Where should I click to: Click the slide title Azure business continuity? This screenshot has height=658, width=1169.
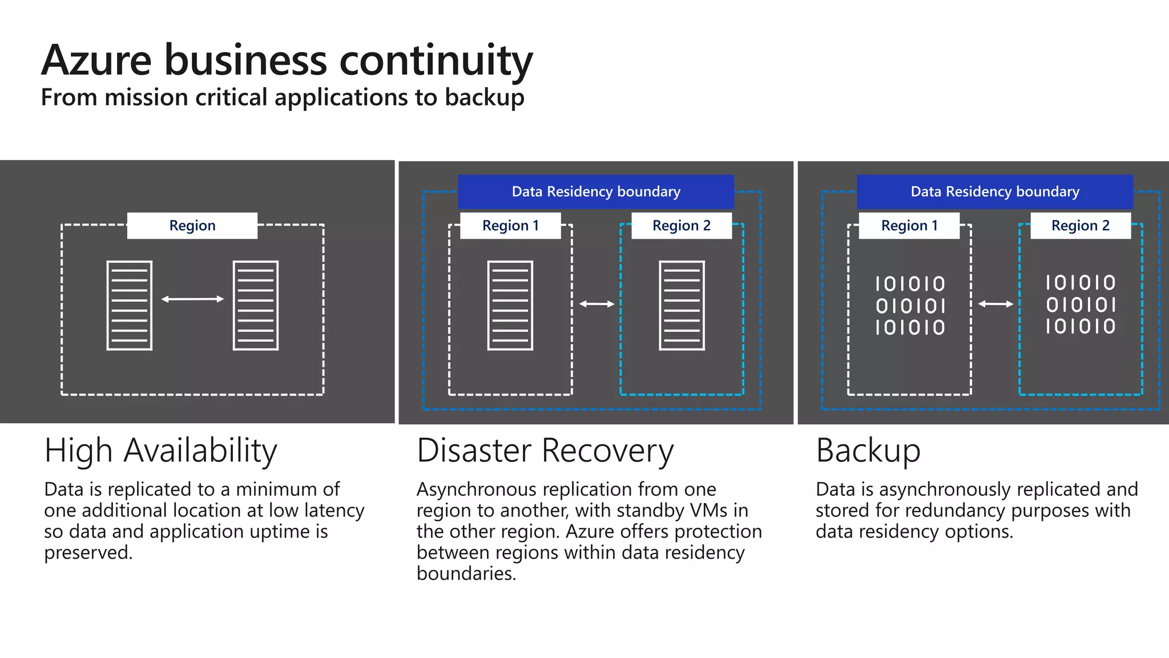click(287, 61)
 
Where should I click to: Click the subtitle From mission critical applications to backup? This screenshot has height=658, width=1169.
click(283, 98)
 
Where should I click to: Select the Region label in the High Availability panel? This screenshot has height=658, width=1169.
click(192, 226)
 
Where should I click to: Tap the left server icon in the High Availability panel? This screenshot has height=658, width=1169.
click(130, 306)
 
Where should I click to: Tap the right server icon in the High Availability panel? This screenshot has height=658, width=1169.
click(256, 306)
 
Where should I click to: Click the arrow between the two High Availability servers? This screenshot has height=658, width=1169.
click(192, 299)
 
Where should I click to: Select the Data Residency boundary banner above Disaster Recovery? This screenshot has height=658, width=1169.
click(596, 192)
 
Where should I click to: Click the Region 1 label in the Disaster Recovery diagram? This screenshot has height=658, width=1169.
click(510, 226)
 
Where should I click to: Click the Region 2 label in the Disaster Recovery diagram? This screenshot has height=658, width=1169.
click(682, 226)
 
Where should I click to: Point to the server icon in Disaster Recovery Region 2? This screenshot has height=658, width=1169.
click(682, 306)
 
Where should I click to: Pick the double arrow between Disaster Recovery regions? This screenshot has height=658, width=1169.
click(596, 304)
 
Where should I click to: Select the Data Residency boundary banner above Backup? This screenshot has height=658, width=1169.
click(995, 192)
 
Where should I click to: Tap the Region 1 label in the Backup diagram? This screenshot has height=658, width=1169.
click(909, 226)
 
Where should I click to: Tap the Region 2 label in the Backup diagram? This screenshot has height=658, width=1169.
click(1081, 226)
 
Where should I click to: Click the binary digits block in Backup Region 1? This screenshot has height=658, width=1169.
click(910, 306)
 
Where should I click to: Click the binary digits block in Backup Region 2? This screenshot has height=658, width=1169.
click(1081, 304)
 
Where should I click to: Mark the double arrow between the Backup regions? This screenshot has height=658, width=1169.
click(995, 304)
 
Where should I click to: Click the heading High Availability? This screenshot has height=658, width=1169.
click(161, 451)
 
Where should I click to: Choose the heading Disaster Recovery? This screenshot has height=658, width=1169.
click(545, 451)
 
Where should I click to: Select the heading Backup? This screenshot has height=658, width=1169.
click(868, 451)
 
